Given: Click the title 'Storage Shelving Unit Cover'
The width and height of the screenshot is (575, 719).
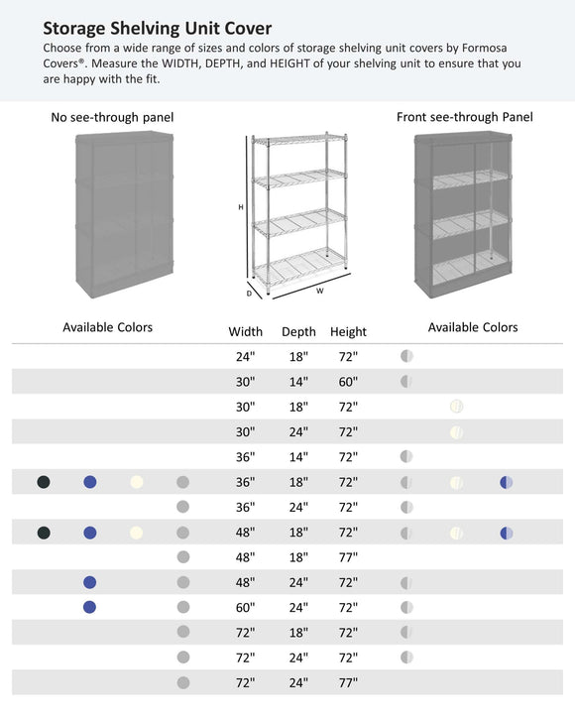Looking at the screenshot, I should click(157, 28).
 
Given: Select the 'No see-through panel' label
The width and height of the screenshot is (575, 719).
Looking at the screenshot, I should click(112, 117).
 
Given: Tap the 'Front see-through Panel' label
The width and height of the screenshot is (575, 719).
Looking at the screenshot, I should click(464, 117).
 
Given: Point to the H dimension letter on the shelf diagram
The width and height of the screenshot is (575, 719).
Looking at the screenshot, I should click(240, 207).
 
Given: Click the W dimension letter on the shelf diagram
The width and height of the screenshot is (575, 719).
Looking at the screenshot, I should click(319, 292).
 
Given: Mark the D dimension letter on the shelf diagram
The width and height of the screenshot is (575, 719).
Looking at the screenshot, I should click(249, 293).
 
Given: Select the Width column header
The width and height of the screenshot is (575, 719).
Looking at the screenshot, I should click(245, 332).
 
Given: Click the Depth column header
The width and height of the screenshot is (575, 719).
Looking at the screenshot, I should click(298, 332).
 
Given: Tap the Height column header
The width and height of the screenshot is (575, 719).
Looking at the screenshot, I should click(348, 332).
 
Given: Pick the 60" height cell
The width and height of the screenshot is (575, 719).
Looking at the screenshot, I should click(348, 382).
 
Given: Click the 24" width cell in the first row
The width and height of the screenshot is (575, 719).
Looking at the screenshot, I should click(245, 357).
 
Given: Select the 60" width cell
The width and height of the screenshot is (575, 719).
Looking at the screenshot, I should click(245, 608).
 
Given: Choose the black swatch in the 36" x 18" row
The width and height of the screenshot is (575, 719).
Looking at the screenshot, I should click(43, 483).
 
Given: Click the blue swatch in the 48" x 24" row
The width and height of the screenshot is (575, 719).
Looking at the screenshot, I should click(90, 583).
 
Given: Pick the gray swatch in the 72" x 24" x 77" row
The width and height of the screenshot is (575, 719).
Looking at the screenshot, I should click(182, 683).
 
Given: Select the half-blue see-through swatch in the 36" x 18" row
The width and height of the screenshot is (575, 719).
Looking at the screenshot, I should click(507, 483).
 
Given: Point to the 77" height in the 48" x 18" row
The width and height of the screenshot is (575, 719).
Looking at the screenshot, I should click(348, 558).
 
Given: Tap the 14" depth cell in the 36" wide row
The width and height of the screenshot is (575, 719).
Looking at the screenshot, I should click(298, 457).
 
